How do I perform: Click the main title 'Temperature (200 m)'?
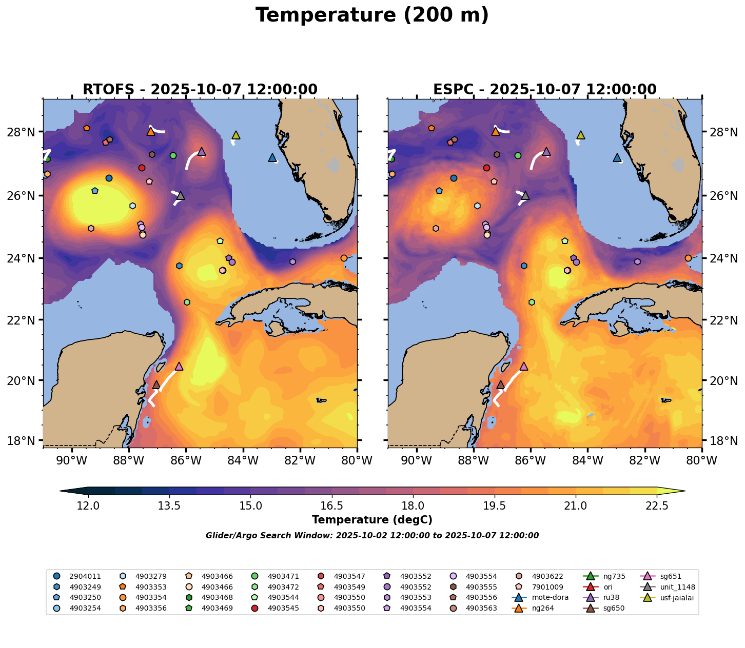coord(372,15)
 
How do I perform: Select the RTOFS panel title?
coord(200,90)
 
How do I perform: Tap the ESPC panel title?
coord(544,90)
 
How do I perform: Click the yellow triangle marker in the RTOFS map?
coord(236,135)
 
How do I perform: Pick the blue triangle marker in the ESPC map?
coord(617,158)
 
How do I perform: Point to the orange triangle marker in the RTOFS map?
coord(151,132)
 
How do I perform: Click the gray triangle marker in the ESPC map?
coord(525,195)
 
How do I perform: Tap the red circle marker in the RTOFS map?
coord(142,168)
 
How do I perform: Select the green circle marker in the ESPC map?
coord(518,155)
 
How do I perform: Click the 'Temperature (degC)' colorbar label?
coord(372,520)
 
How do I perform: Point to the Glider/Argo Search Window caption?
coord(372,536)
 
